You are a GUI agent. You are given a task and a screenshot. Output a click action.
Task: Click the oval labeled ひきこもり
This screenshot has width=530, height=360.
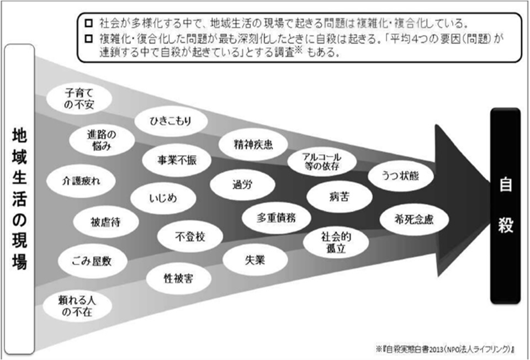(171, 121)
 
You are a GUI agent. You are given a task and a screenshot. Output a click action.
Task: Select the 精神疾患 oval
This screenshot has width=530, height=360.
(253, 145)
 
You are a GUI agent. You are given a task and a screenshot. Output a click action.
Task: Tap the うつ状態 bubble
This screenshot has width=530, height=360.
(401, 176)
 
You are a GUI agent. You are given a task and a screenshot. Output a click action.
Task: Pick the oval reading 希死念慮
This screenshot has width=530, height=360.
(414, 220)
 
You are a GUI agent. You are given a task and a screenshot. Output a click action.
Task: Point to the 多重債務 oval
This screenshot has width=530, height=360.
(276, 218)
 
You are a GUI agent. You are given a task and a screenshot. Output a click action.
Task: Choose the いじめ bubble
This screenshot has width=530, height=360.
(163, 198)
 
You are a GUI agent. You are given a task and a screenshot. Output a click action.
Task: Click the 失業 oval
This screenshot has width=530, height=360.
(255, 260)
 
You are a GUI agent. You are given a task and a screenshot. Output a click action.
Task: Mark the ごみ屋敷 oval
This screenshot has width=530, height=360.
(92, 261)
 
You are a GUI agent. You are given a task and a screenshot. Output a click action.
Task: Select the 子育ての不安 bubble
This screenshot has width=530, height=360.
(79, 98)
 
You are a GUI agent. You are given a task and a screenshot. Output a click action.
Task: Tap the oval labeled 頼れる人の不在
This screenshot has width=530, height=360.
(77, 306)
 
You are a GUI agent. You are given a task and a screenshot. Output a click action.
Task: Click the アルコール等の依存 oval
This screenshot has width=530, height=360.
(322, 162)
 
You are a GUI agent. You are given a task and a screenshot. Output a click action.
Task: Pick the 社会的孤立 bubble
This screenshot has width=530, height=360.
(336, 242)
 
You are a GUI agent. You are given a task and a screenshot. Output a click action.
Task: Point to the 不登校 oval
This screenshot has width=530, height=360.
(190, 236)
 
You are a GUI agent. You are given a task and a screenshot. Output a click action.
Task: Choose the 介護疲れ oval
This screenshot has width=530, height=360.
(81, 181)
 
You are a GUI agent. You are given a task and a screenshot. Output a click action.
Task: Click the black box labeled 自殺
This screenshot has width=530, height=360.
(505, 205)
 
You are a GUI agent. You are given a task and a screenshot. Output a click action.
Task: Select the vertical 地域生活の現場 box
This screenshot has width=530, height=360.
(19, 199)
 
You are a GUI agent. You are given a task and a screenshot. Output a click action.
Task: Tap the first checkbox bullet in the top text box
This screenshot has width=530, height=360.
(88, 23)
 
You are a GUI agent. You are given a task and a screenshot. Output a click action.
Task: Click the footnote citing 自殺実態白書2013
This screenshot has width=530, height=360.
(445, 349)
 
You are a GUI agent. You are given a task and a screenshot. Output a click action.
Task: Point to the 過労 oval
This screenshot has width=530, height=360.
(242, 184)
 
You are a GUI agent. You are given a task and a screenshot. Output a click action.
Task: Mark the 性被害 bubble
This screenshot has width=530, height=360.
(179, 278)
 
